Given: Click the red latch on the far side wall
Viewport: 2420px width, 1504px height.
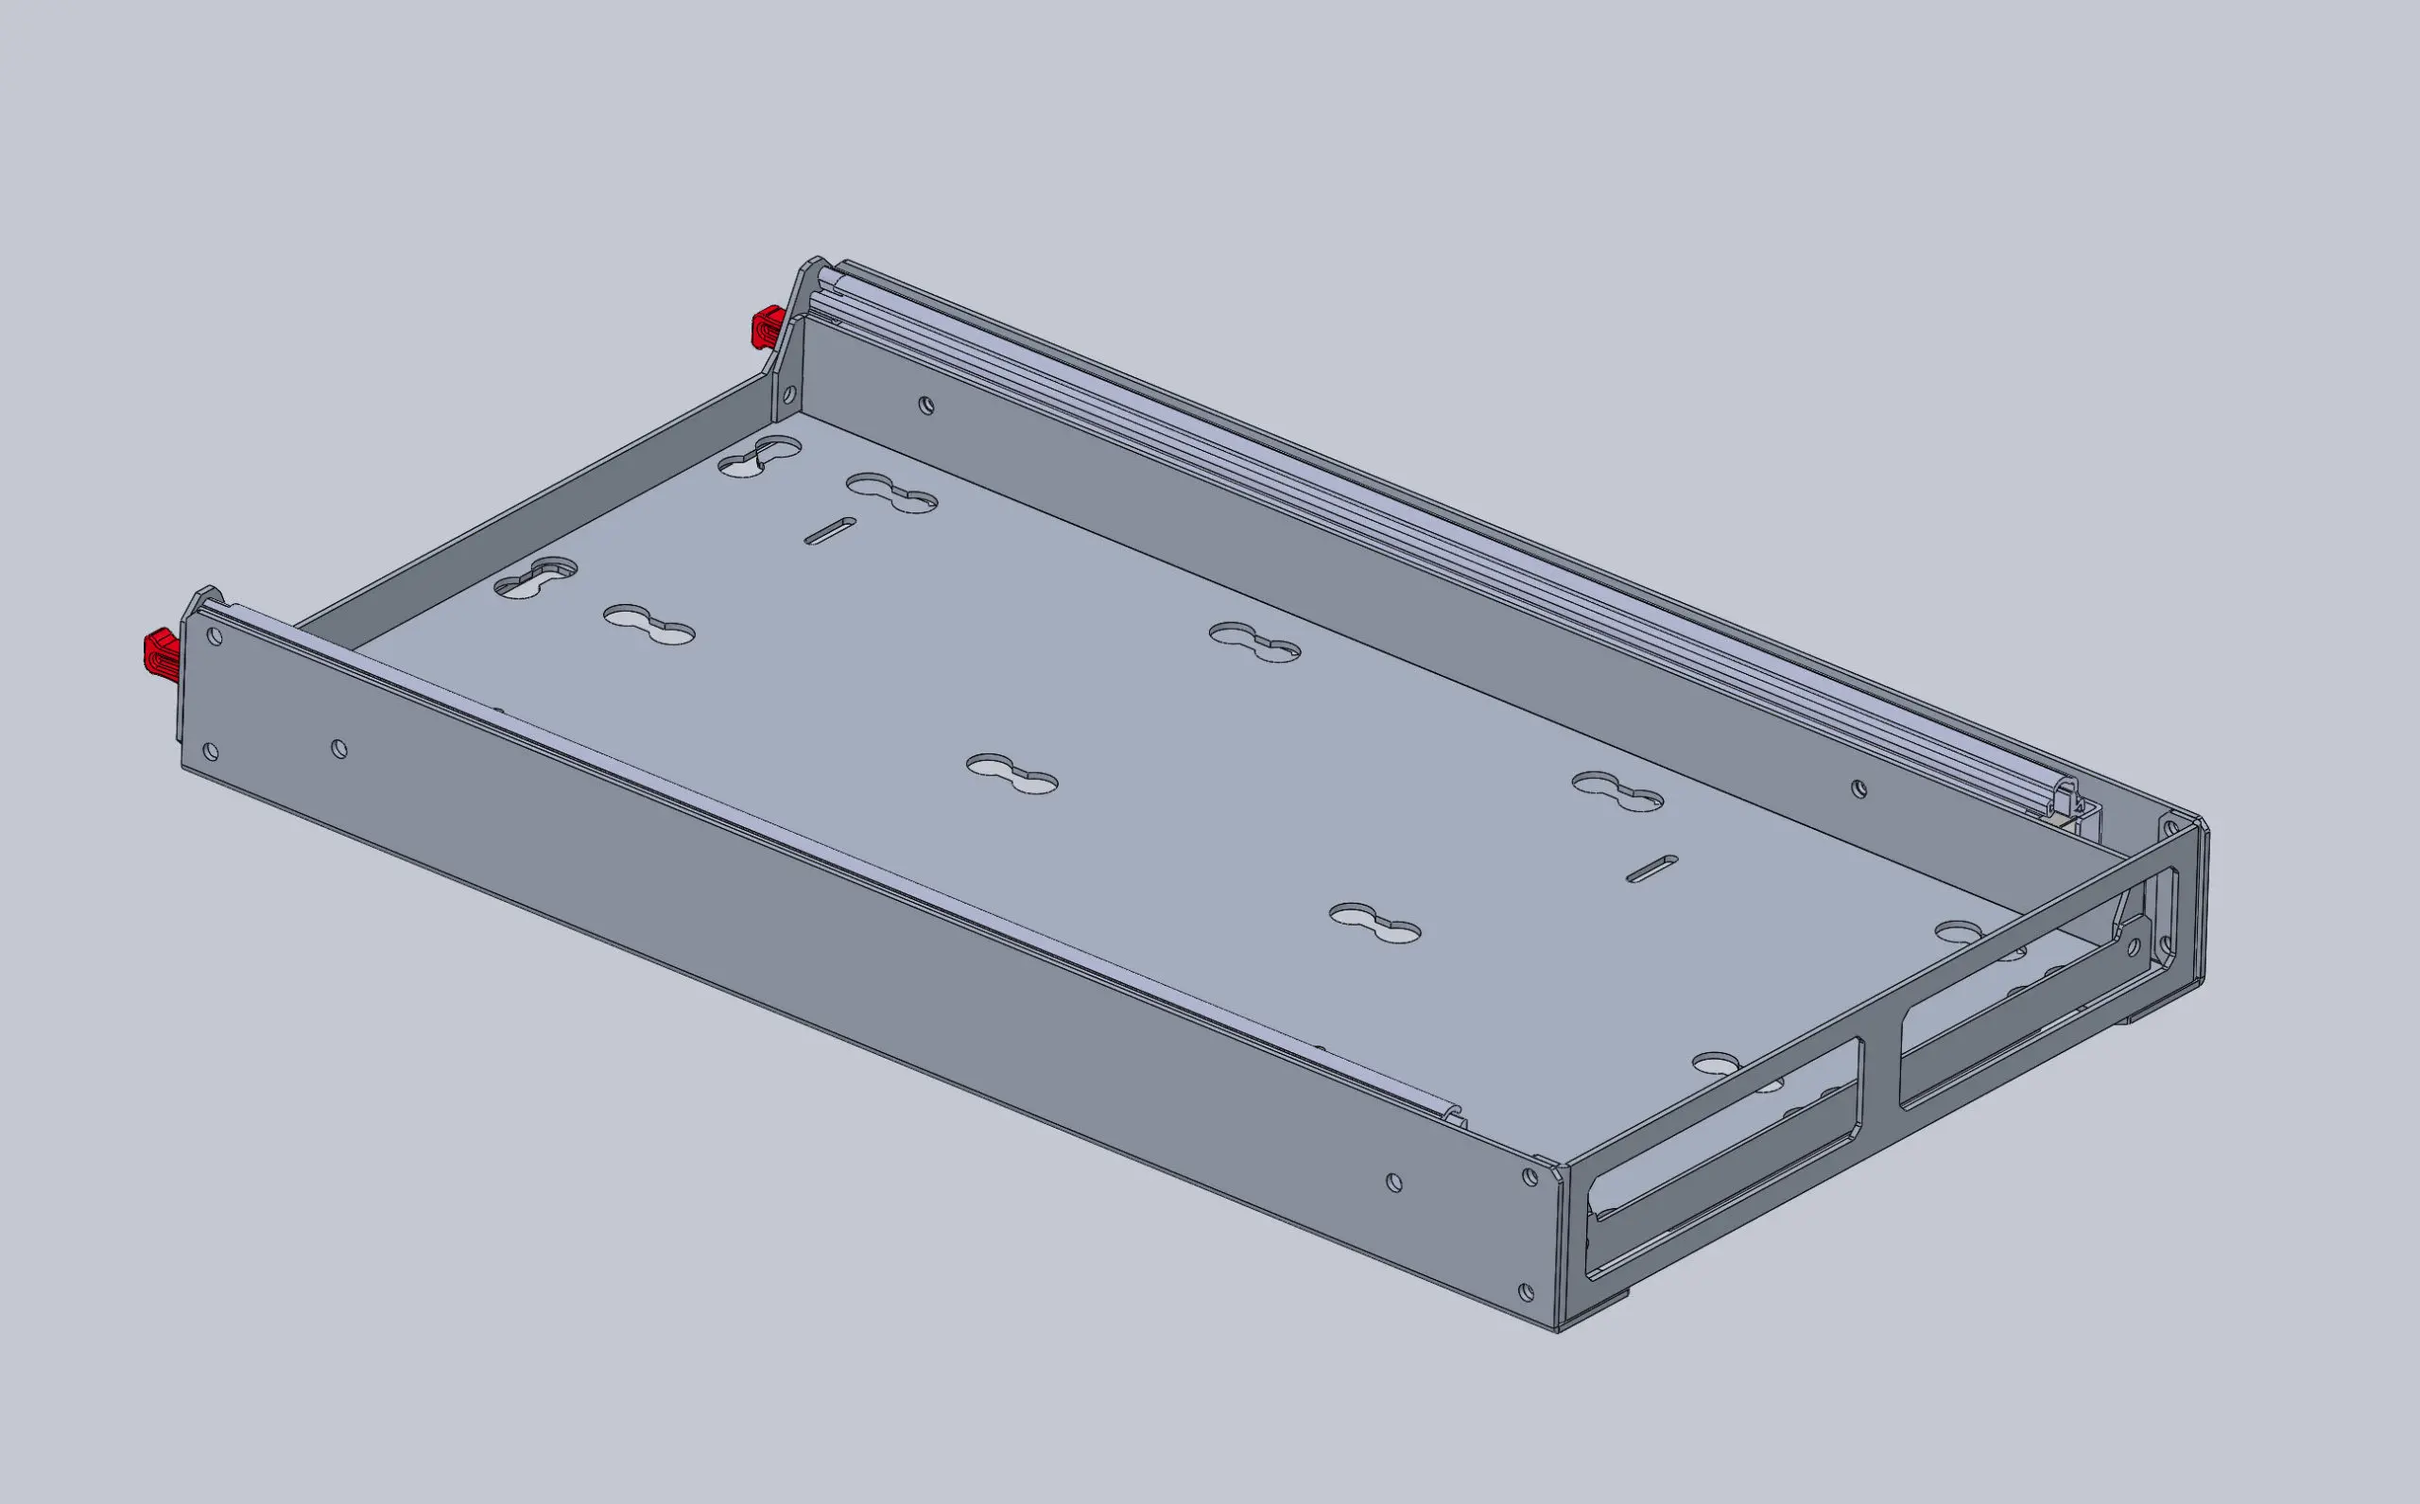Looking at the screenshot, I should (x=767, y=327).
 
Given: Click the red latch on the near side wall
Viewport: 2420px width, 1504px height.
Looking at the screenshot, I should (x=160, y=650).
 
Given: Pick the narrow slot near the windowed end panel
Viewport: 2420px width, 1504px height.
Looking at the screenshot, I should (x=1652, y=868).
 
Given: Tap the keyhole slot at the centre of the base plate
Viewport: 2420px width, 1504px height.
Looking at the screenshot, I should (x=1011, y=773).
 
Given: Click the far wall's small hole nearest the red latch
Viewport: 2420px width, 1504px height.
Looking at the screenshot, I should (x=926, y=405).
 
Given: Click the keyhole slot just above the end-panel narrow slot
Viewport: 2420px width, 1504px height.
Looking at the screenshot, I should (x=1616, y=791).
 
